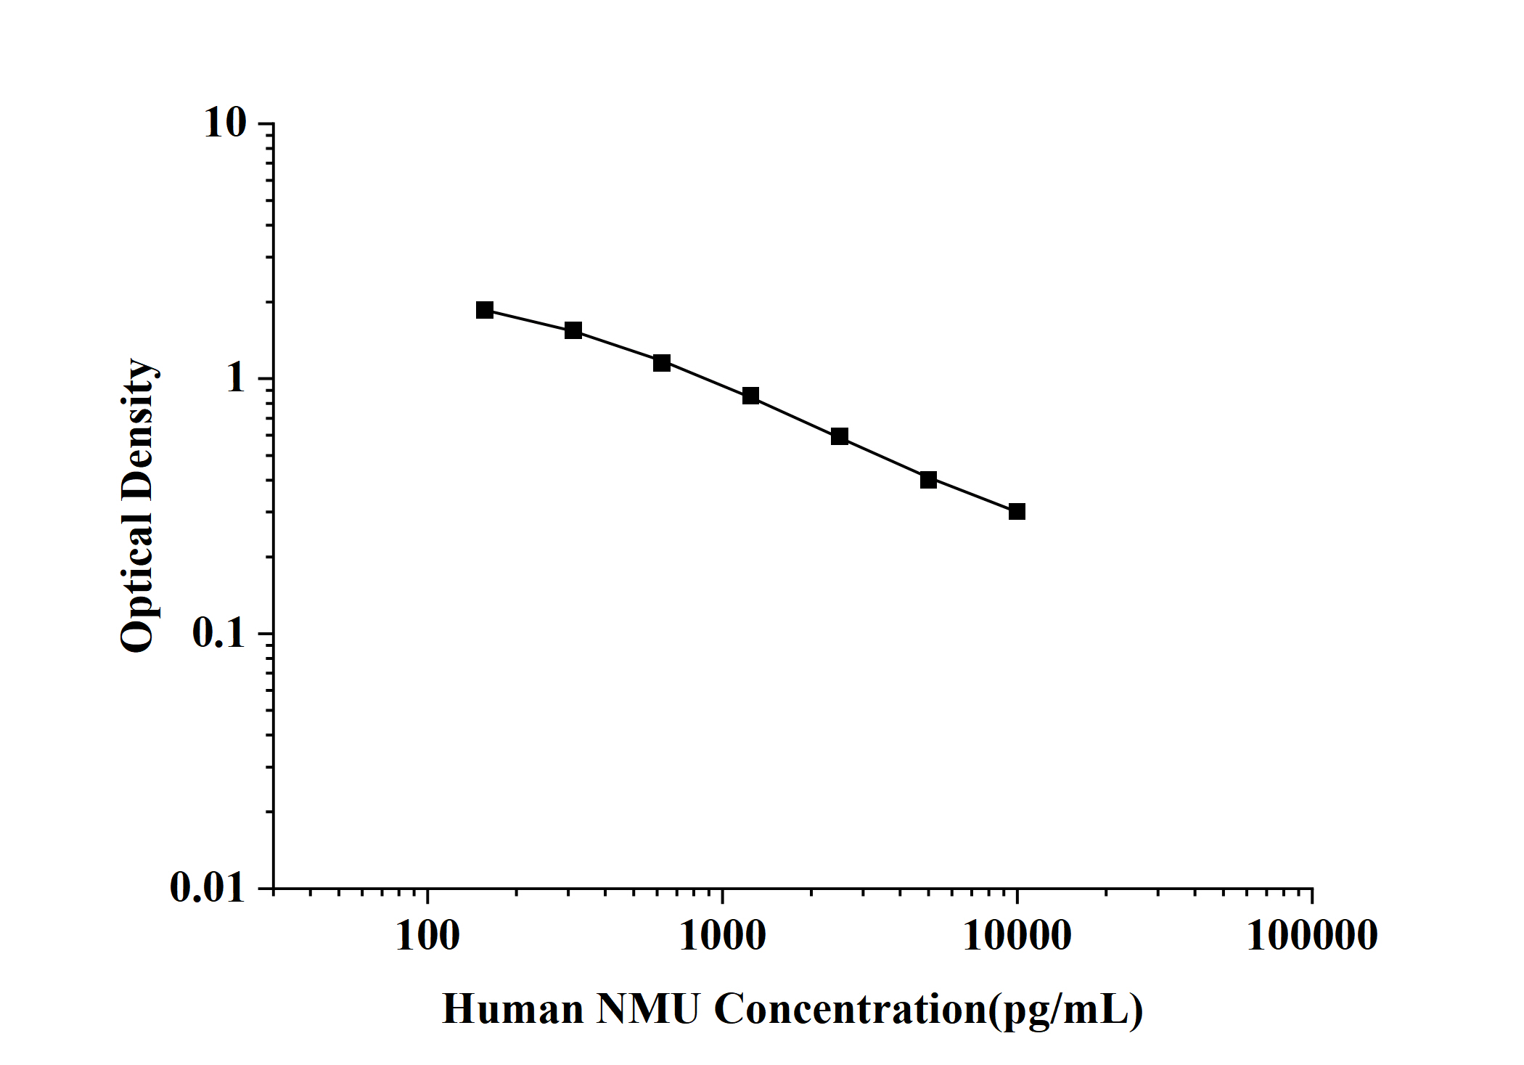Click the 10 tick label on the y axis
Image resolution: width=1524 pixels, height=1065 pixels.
tap(225, 123)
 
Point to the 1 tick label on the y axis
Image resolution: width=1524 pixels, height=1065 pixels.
tap(235, 378)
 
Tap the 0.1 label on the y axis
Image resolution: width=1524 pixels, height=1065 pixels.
tap(218, 634)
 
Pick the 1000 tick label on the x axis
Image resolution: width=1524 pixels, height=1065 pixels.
tap(722, 936)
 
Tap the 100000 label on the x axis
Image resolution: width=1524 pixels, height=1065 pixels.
tap(1312, 936)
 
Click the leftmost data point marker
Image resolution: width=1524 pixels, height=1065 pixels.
tap(485, 310)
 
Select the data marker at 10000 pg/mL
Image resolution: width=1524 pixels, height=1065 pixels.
tap(1017, 512)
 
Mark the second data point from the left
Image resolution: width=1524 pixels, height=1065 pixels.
tap(573, 330)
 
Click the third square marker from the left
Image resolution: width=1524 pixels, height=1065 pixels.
tap(662, 363)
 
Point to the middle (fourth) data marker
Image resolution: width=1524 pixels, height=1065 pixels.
tap(750, 396)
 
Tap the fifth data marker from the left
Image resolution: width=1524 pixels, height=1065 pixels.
tap(840, 436)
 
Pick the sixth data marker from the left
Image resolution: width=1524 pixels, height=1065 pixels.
tap(928, 480)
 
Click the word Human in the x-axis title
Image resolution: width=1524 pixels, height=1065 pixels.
tap(513, 1009)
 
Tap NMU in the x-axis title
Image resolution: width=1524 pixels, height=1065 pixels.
tap(648, 1009)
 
